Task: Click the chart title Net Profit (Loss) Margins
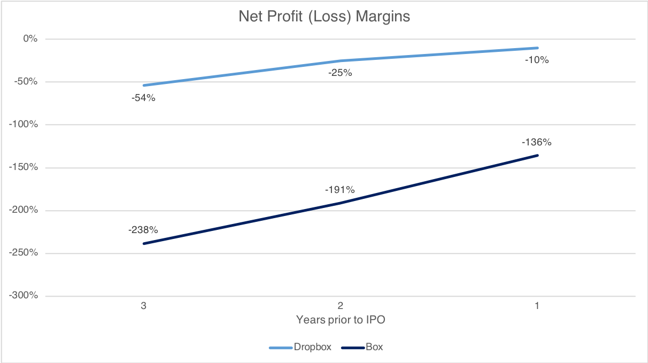(x=324, y=17)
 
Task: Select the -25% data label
(x=340, y=73)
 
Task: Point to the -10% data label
(x=537, y=60)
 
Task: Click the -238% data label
(x=143, y=230)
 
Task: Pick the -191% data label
(x=340, y=190)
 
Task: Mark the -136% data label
(x=537, y=142)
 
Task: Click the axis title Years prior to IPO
(x=341, y=320)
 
